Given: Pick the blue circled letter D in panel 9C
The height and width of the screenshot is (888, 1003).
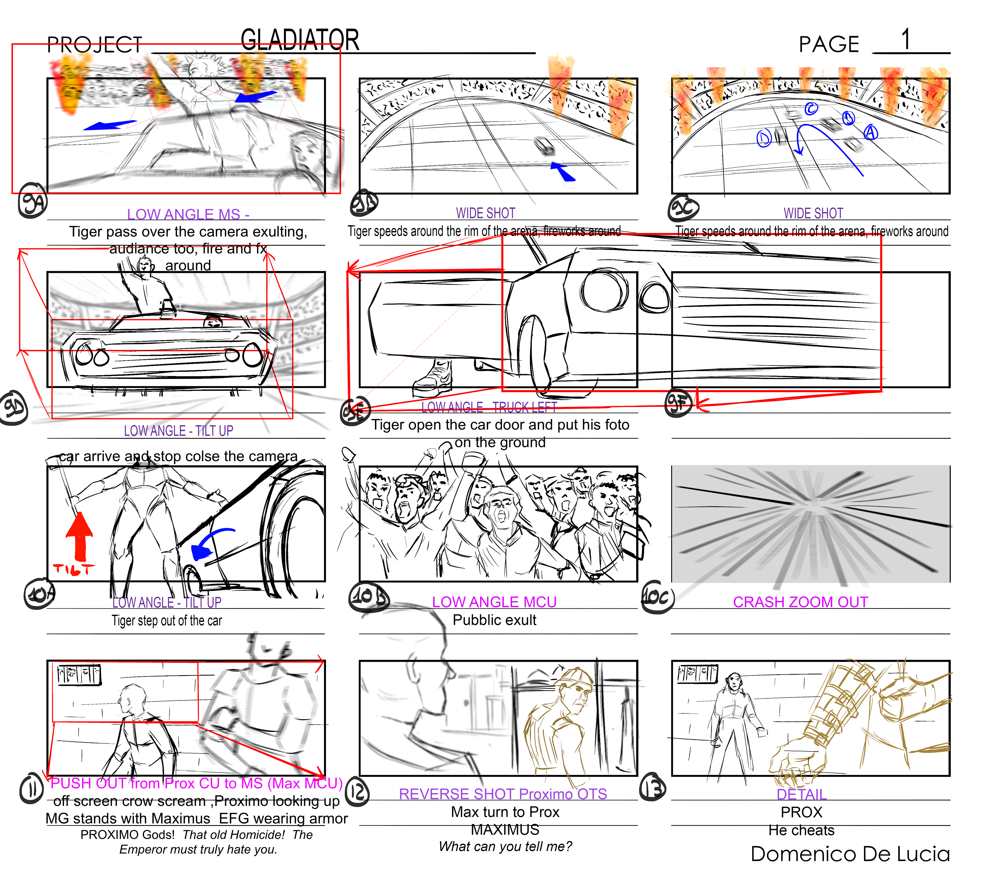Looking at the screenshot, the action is [x=764, y=138].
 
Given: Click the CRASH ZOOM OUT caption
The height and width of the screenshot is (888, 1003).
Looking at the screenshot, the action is [x=800, y=602].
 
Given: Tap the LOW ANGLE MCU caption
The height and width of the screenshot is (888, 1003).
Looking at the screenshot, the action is [x=494, y=602].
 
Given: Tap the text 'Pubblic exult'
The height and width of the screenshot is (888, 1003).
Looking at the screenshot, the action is [x=494, y=620].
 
